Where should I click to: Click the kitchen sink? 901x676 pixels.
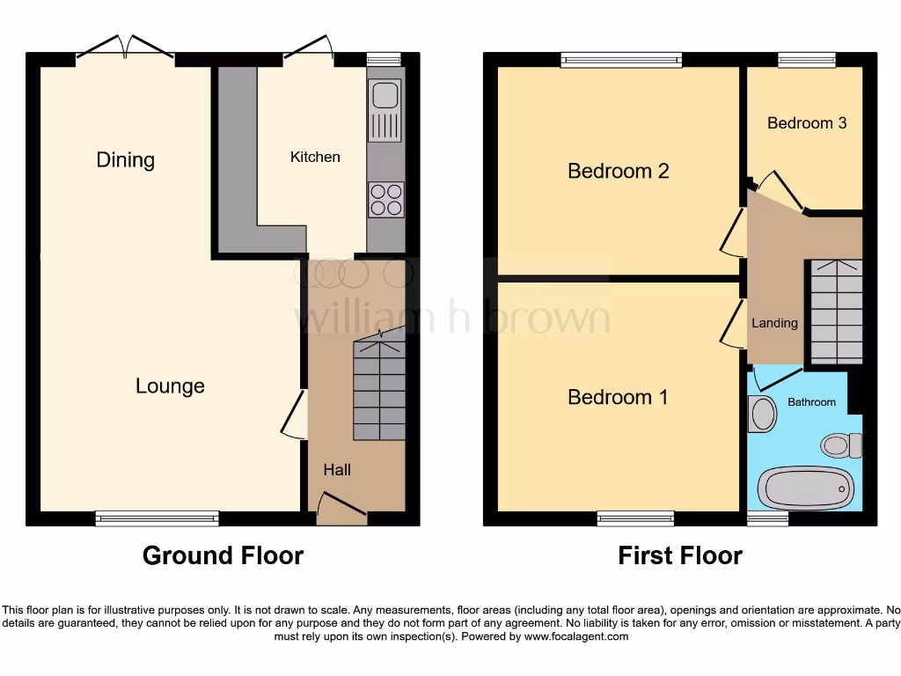click(385, 110)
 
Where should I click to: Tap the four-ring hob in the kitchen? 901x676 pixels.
click(385, 199)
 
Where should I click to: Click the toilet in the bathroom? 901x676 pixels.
click(841, 445)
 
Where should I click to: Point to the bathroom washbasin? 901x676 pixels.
click(761, 414)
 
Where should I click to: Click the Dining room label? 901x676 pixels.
click(126, 159)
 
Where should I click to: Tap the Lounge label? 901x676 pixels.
click(170, 386)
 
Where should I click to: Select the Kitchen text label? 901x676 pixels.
click(315, 157)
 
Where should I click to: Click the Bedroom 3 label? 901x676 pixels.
click(807, 122)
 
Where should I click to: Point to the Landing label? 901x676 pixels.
click(774, 323)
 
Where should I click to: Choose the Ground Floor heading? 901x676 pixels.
click(223, 555)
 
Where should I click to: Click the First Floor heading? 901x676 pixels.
click(680, 555)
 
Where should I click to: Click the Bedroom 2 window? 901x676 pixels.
click(622, 60)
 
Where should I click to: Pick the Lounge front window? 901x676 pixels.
click(157, 518)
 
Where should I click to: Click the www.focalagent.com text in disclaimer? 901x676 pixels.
click(577, 636)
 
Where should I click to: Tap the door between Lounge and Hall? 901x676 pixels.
click(294, 415)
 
